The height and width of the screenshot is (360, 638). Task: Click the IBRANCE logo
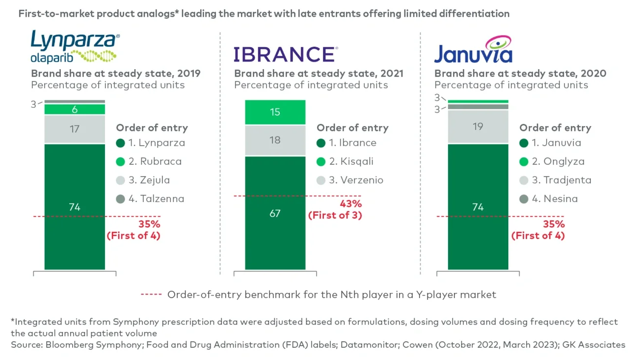(x=285, y=54)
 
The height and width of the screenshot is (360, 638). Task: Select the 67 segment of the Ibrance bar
(x=275, y=213)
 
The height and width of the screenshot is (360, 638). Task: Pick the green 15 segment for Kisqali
(x=275, y=112)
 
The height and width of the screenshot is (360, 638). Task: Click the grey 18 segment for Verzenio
(x=275, y=140)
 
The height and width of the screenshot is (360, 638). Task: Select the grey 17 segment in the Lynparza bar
(x=75, y=129)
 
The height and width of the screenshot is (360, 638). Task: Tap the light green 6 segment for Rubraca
(x=75, y=109)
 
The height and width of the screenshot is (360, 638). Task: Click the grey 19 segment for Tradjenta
(x=478, y=127)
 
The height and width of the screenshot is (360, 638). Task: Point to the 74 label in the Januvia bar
(x=478, y=207)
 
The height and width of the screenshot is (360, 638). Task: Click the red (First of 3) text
(x=335, y=215)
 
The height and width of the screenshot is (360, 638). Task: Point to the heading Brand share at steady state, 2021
(x=319, y=74)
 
